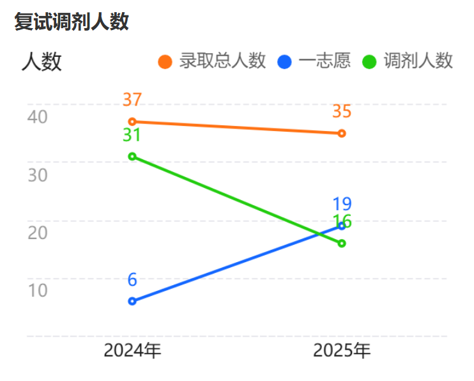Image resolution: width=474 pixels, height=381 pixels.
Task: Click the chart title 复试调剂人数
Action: click(72, 22)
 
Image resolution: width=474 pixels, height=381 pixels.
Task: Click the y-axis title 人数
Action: click(42, 62)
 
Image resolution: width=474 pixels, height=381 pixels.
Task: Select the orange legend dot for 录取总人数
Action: click(165, 62)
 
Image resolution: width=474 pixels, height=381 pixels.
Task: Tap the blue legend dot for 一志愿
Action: click(285, 62)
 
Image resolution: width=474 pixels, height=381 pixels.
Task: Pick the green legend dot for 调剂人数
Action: click(369, 62)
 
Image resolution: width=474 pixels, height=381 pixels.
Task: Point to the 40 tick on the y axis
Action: click(38, 116)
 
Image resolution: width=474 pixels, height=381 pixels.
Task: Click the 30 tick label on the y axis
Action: click(38, 175)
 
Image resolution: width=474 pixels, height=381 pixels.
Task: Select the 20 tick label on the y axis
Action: click(38, 232)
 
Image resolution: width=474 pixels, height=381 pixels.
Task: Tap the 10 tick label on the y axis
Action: click(38, 290)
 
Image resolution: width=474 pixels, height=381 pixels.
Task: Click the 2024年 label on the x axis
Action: click(132, 350)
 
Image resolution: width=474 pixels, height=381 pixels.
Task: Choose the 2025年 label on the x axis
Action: click(342, 350)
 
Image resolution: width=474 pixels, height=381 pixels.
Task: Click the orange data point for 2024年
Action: click(132, 121)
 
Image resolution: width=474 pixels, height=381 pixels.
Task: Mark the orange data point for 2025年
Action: click(342, 133)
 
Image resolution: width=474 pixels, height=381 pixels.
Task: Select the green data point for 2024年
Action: click(132, 156)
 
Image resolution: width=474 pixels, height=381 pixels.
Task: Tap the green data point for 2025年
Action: click(342, 243)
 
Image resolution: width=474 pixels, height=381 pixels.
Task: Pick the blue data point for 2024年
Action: click(132, 301)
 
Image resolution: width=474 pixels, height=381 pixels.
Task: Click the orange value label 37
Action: click(132, 100)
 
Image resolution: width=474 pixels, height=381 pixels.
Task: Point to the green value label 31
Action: click(132, 135)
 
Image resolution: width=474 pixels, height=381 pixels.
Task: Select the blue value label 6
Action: click(132, 279)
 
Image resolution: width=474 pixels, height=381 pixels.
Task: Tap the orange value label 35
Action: click(342, 111)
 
